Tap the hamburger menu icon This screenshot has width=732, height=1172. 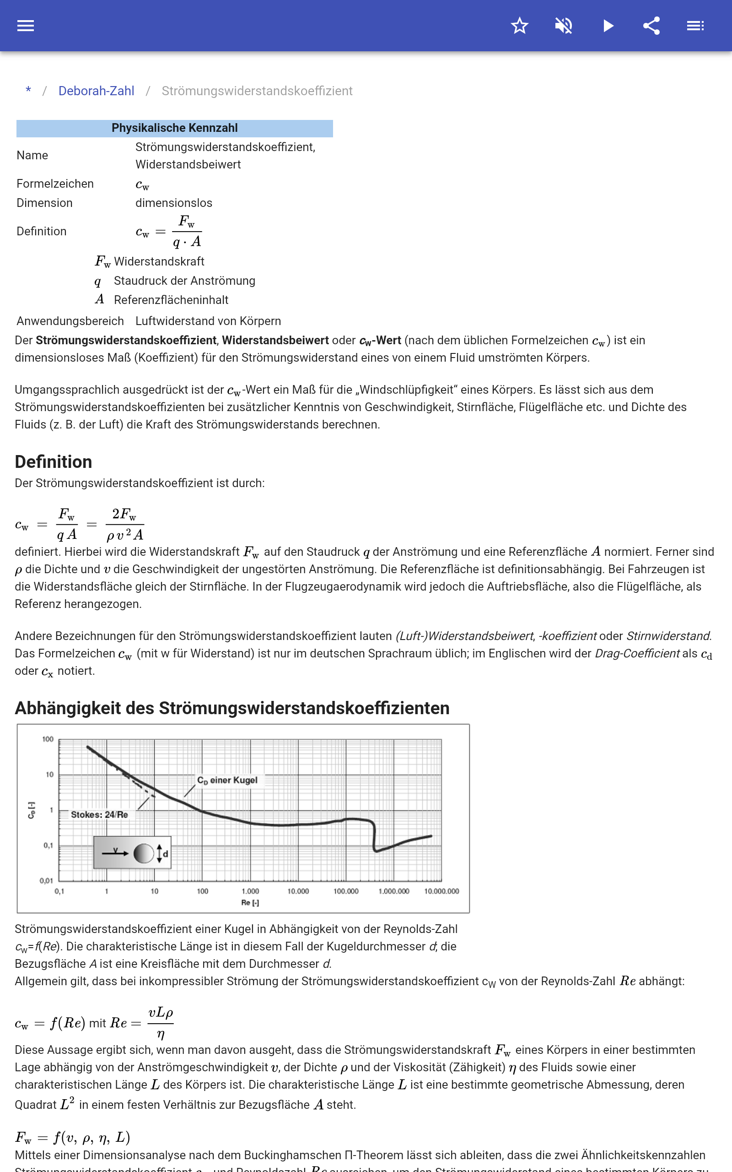click(x=26, y=26)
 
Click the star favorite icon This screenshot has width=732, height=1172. click(x=519, y=26)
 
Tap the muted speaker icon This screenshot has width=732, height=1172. click(x=564, y=26)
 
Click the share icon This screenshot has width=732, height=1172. click(x=651, y=26)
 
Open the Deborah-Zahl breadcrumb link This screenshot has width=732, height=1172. click(x=97, y=91)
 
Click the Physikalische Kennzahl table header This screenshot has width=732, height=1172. click(x=174, y=128)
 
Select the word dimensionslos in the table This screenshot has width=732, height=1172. click(x=174, y=203)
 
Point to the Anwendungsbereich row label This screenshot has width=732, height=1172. click(x=70, y=321)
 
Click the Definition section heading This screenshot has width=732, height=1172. click(x=53, y=462)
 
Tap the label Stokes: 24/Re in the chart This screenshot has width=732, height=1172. click(x=99, y=814)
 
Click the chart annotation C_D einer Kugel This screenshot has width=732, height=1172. click(x=227, y=780)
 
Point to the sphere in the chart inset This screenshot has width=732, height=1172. click(x=143, y=853)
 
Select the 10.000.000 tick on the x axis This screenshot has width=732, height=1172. click(x=441, y=891)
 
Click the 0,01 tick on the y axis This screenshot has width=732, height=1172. click(x=47, y=880)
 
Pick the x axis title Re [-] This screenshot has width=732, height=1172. click(x=250, y=903)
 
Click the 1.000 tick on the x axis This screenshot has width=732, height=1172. click(x=250, y=891)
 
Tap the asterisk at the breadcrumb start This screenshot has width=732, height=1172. click(x=28, y=91)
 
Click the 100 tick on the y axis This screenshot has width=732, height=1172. click(x=48, y=739)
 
